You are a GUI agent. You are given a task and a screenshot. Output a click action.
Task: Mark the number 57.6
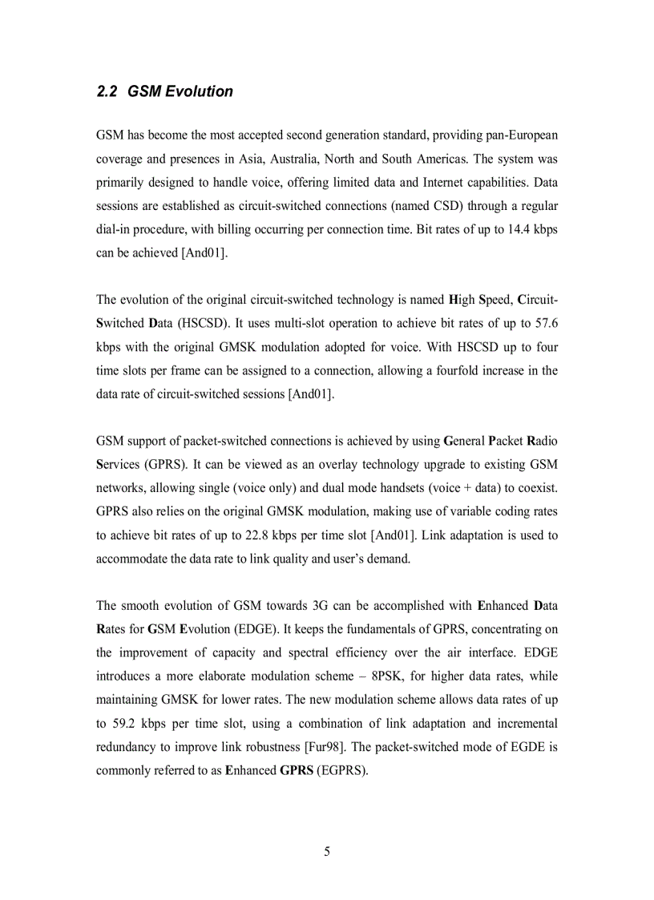(x=545, y=323)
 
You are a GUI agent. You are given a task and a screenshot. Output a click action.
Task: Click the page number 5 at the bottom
(x=327, y=852)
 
